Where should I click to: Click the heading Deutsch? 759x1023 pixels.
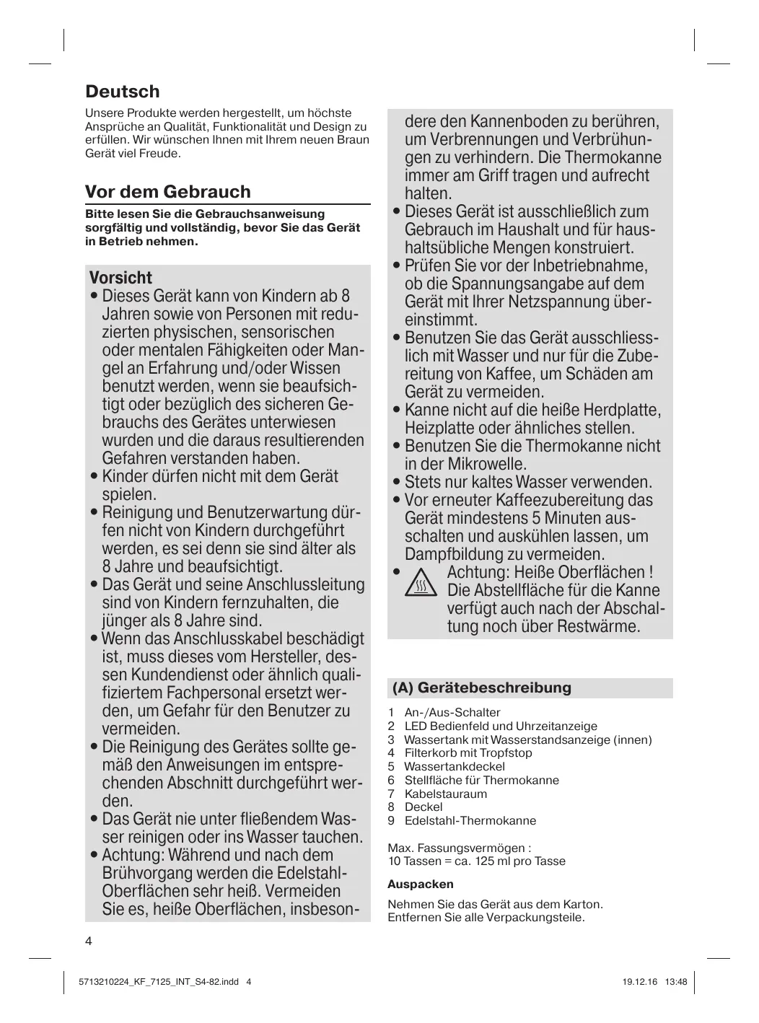pos(122,92)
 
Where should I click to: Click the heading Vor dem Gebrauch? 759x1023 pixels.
pos(167,192)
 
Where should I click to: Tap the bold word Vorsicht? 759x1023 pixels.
pos(120,278)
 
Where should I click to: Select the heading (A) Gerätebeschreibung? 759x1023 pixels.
pos(481,688)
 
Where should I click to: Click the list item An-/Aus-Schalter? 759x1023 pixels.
pos(452,712)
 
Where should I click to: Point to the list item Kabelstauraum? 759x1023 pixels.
pos(445,794)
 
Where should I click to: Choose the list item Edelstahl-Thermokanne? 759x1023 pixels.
pos(470,820)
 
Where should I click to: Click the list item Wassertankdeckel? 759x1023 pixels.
pos(454,766)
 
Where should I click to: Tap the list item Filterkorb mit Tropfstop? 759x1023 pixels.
pos(468,752)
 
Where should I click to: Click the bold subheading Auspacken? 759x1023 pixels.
pos(421,884)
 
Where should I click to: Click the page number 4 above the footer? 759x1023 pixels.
pos(89,941)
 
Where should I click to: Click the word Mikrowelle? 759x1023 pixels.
pos(485,464)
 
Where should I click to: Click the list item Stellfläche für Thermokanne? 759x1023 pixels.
pos(481,780)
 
